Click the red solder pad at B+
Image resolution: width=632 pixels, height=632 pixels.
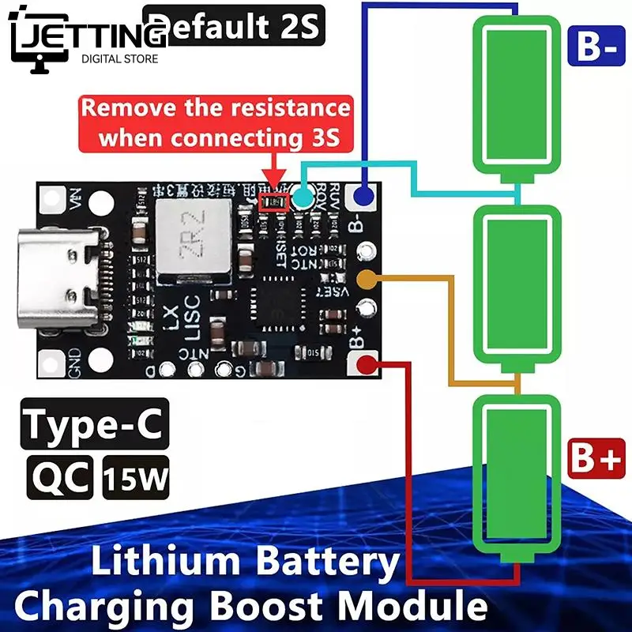coord(366,364)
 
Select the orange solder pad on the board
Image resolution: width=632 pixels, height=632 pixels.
coord(366,279)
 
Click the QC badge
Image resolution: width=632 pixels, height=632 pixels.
coord(61,477)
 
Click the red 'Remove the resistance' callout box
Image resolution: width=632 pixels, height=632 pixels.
coord(215,122)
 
